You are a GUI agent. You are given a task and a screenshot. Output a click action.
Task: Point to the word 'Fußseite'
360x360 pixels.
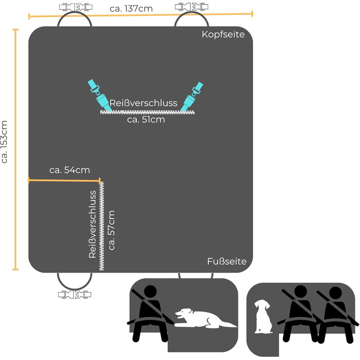click(227, 261)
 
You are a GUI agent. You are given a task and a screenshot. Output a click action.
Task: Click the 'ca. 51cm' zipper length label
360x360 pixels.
click(146, 120)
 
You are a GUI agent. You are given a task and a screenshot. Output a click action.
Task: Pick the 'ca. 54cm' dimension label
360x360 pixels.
click(69, 170)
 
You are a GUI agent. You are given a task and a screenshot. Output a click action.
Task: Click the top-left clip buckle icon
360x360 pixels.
click(74, 8)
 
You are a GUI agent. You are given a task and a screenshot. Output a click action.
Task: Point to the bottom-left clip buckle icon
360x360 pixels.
click(74, 295)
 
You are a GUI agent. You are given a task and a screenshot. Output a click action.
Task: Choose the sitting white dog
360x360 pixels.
click(263, 317)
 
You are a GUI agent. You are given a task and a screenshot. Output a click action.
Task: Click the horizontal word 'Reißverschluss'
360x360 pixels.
click(143, 103)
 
